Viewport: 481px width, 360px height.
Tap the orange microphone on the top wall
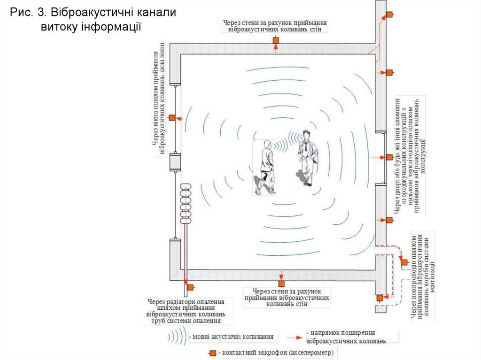click(276, 41)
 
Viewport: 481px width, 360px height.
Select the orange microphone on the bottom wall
click(281, 283)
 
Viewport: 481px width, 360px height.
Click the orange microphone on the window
click(172, 117)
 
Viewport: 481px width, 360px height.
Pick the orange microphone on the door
click(389, 157)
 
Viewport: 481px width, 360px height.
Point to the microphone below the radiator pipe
click(190, 287)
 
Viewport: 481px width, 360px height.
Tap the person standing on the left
click(266, 167)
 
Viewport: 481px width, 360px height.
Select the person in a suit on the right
click(307, 158)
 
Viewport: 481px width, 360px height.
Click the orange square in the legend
click(213, 352)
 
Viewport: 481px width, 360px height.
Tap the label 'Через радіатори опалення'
click(186, 302)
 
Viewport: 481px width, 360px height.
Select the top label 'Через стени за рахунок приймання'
click(275, 22)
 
